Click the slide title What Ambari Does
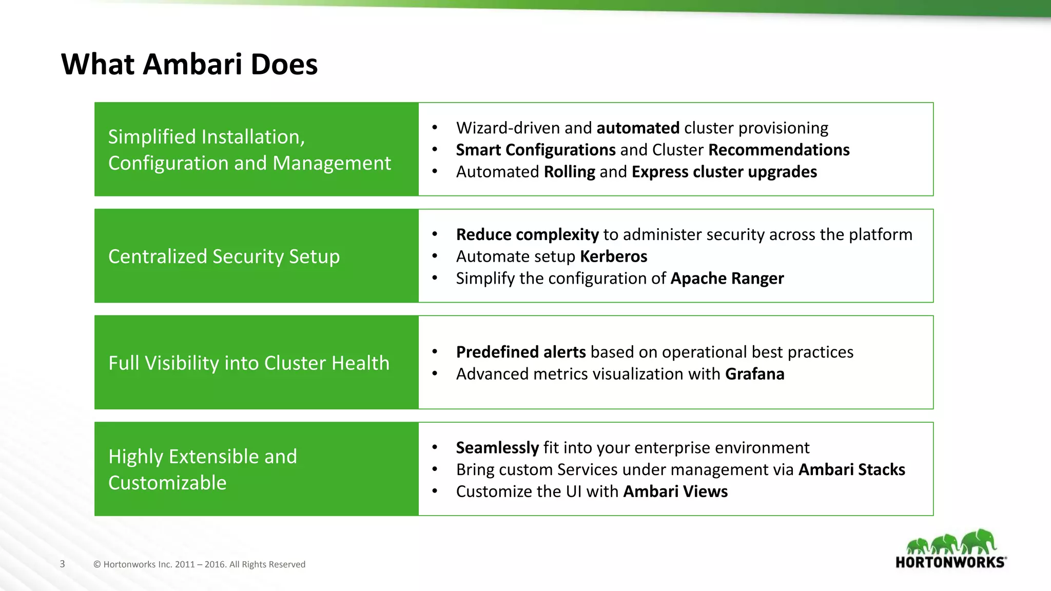click(x=189, y=65)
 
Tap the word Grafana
click(x=754, y=374)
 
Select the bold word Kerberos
click(x=613, y=257)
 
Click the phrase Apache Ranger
click(x=727, y=279)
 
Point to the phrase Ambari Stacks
click(x=851, y=470)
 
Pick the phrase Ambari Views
click(x=675, y=491)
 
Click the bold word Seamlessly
click(x=497, y=448)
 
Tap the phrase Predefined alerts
click(x=520, y=352)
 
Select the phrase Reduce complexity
click(x=527, y=235)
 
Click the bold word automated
click(x=638, y=128)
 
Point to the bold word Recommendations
click(x=778, y=150)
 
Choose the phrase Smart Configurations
click(x=535, y=150)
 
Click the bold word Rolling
click(x=569, y=172)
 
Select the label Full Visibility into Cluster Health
click(x=249, y=363)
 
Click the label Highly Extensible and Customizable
click(x=203, y=469)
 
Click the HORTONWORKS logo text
click(x=950, y=562)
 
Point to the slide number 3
click(x=63, y=564)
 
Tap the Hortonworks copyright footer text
click(x=199, y=564)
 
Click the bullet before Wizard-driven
click(x=435, y=128)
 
